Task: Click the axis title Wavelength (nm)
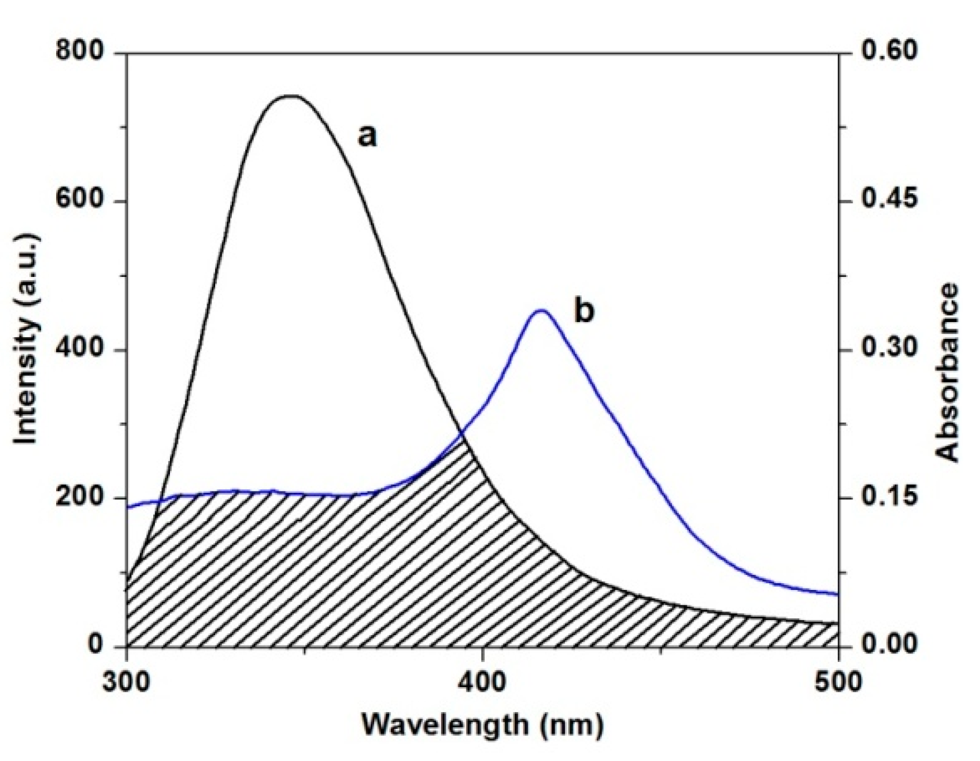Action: coord(482,726)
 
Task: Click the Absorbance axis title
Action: coord(947,372)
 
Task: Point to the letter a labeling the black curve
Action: coord(367,136)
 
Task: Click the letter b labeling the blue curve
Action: coord(584,310)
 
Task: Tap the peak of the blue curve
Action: coord(541,310)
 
